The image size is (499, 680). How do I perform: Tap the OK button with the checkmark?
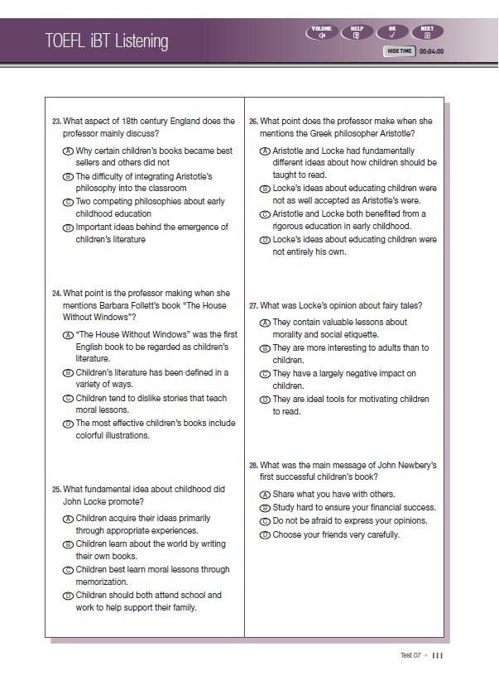[392, 32]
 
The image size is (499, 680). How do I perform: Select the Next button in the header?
[427, 32]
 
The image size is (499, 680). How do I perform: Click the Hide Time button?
[400, 51]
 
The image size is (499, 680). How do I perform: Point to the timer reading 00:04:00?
[431, 51]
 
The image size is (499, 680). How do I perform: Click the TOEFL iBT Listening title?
[107, 41]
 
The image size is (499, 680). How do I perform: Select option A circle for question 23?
[69, 151]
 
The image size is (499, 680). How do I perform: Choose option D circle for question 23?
[69, 227]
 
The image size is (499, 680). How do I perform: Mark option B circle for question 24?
[69, 373]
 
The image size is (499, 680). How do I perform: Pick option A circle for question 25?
[69, 519]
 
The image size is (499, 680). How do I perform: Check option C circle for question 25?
[69, 570]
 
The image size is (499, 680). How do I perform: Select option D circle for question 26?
[265, 240]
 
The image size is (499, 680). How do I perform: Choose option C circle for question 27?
[265, 374]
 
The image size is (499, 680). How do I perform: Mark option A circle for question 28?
[265, 494]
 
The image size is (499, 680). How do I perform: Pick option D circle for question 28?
[265, 535]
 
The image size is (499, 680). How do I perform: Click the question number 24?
[56, 293]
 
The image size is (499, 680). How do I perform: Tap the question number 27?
[253, 305]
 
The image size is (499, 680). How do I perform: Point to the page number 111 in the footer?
[438, 655]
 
